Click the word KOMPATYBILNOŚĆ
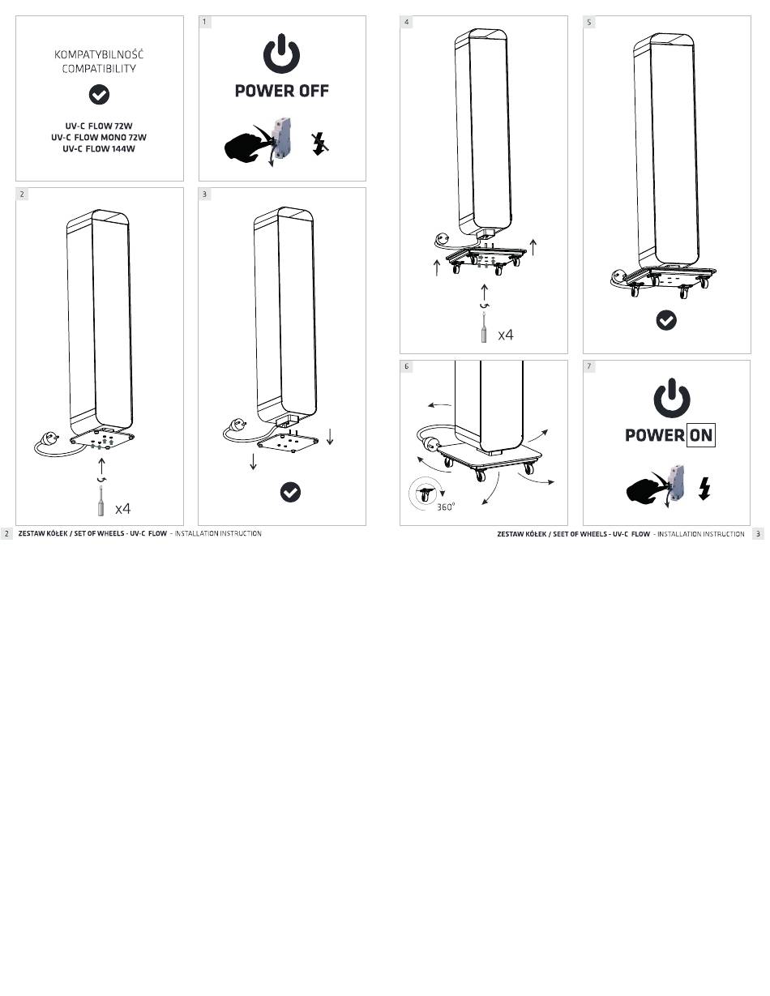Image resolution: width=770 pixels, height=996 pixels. (99, 54)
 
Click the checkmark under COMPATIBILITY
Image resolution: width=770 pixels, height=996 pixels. (99, 95)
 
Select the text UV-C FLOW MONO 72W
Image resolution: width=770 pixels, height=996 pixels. (99, 137)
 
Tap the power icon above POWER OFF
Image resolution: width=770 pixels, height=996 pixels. (281, 53)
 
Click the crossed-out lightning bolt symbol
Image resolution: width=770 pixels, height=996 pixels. (319, 144)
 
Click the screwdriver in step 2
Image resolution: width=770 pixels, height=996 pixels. (101, 501)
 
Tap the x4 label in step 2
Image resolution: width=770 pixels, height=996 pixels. (123, 509)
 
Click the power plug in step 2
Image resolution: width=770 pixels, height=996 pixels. (49, 438)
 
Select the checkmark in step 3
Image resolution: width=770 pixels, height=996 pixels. (290, 492)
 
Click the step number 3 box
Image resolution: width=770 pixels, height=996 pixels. (204, 194)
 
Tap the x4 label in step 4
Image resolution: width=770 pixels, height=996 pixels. (506, 335)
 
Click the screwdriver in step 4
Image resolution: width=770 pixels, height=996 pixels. (484, 327)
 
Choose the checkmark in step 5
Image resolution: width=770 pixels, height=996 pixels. (666, 320)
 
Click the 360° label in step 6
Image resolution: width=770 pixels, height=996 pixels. (445, 507)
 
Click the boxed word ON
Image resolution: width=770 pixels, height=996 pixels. (701, 435)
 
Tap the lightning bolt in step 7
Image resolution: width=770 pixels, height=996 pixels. (705, 488)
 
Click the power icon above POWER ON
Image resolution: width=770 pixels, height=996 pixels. (672, 398)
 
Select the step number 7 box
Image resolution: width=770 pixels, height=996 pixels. (589, 366)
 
